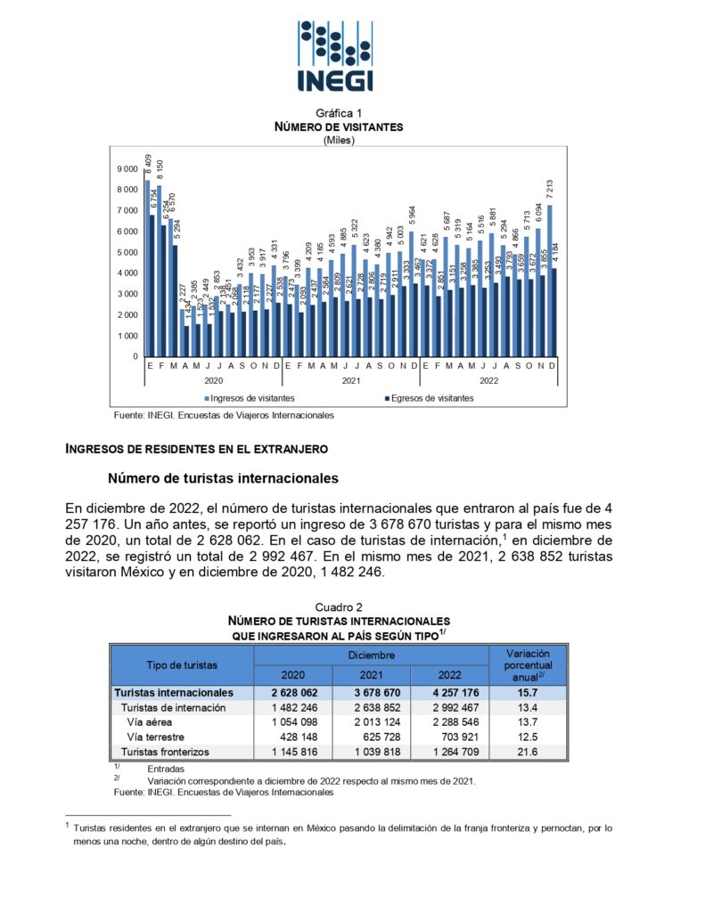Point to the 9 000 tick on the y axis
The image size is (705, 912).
pos(127,169)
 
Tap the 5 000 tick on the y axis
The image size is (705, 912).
pos(127,253)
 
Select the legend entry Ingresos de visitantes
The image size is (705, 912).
pos(250,398)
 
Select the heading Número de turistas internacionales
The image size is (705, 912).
pos(223,477)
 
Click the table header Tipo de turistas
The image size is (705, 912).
pos(182,664)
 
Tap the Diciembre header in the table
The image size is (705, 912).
pos(371,655)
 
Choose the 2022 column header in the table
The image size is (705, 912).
pos(449,674)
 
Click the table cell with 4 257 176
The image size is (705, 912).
pos(449,692)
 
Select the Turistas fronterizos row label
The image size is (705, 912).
pos(165,752)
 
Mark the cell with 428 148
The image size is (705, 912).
pos(292,737)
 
